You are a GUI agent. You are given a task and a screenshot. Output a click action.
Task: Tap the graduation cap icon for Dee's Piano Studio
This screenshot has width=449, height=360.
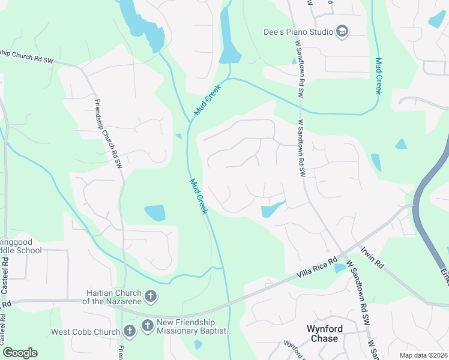click(x=342, y=32)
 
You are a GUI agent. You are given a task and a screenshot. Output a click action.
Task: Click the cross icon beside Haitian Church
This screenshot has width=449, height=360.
click(x=150, y=296)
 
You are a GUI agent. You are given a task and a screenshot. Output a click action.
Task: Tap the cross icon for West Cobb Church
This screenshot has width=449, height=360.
click(x=129, y=331)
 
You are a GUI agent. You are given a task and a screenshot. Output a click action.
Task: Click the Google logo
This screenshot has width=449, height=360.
click(x=20, y=353)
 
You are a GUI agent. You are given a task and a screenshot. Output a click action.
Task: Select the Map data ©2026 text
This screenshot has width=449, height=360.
click(x=423, y=355)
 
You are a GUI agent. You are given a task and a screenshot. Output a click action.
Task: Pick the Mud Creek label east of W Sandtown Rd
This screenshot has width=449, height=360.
click(x=378, y=75)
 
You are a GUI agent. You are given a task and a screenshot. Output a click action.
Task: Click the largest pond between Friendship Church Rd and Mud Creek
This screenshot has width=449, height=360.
click(x=154, y=212)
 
